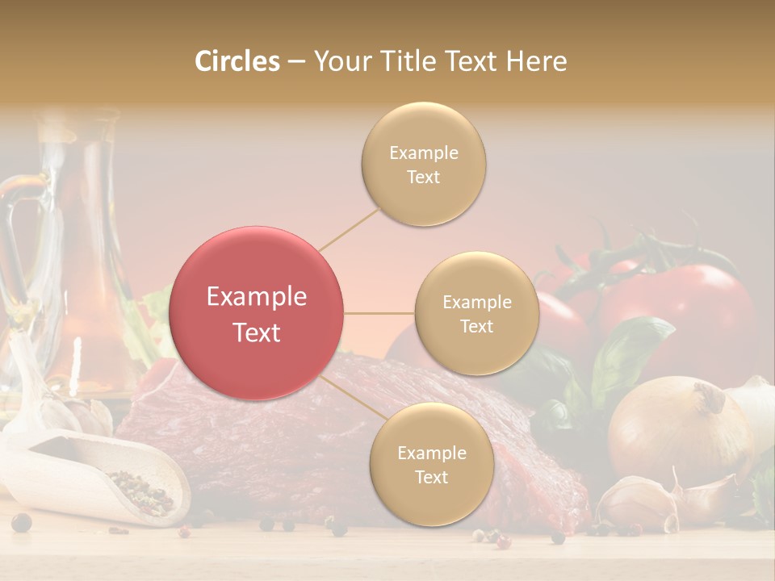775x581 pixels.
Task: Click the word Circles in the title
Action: click(x=237, y=61)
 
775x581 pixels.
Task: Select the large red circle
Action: click(x=257, y=313)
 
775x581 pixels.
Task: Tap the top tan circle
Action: click(x=423, y=164)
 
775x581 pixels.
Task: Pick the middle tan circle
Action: click(x=476, y=313)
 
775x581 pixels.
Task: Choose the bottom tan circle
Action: click(x=431, y=464)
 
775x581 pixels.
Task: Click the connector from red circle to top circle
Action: click(x=350, y=228)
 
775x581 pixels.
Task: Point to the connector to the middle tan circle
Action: click(x=379, y=313)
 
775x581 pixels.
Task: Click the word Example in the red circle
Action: click(x=257, y=297)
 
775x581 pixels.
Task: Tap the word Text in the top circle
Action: click(x=423, y=177)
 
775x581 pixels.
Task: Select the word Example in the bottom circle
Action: click(x=431, y=453)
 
